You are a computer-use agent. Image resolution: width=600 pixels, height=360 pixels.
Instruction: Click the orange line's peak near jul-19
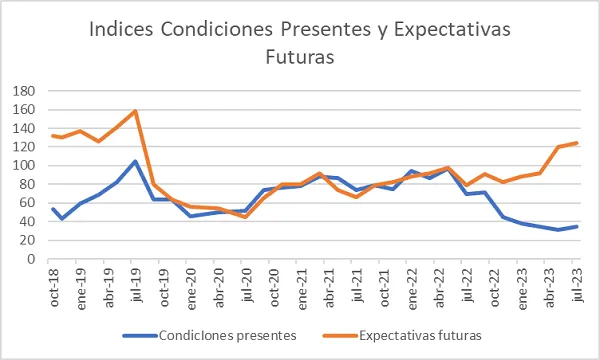tap(135, 111)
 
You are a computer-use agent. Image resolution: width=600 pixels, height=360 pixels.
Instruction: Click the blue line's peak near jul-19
tap(135, 161)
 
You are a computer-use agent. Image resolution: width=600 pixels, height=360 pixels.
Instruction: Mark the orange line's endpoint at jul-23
tap(577, 143)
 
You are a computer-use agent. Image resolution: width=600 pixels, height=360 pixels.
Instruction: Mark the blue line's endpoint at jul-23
tap(577, 226)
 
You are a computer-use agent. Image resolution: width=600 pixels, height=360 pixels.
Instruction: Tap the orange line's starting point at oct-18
tap(53, 136)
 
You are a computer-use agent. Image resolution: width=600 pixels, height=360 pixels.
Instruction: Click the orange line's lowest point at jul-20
tap(245, 217)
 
